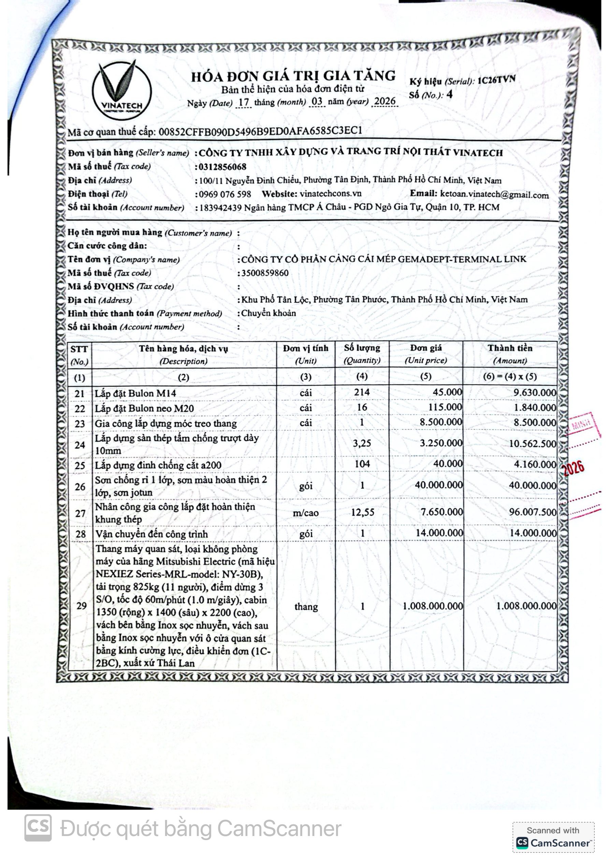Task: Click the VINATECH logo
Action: (x=122, y=91)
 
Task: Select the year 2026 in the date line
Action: (x=385, y=101)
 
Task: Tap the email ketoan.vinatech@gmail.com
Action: (x=494, y=195)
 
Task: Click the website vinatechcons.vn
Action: (x=331, y=194)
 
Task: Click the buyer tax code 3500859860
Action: (x=265, y=273)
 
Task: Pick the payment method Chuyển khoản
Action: (x=268, y=313)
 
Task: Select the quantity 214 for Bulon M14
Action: (x=362, y=392)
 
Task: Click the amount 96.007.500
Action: (x=533, y=512)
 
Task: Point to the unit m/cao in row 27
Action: (x=306, y=513)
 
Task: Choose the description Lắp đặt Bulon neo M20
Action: (x=144, y=408)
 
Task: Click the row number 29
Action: (x=81, y=606)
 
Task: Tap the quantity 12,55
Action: (x=362, y=512)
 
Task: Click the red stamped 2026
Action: (x=573, y=468)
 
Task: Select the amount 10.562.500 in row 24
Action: (x=532, y=443)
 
